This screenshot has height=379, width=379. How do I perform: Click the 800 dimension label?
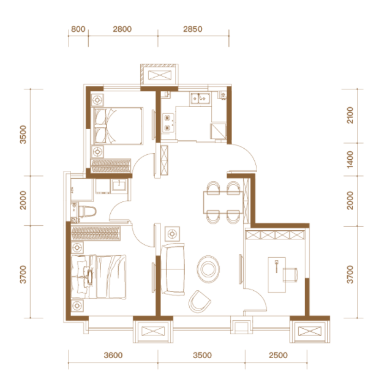click(x=78, y=29)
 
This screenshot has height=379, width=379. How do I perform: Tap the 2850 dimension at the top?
click(x=193, y=29)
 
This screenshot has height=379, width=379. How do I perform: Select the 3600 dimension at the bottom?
click(x=113, y=355)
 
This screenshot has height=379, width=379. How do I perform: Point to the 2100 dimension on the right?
click(x=350, y=115)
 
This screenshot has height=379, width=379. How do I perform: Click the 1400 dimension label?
click(x=350, y=160)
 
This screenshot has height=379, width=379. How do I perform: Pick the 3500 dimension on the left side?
click(x=23, y=135)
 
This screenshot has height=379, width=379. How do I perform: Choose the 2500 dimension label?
click(x=278, y=355)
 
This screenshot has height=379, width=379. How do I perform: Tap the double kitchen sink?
click(x=200, y=99)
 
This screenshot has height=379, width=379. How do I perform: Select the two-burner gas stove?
click(x=168, y=123)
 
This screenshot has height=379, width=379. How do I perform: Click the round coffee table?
click(x=208, y=269)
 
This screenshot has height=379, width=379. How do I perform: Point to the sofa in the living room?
click(x=173, y=269)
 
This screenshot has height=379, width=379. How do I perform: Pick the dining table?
click(x=223, y=202)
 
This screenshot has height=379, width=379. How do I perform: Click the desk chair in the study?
click(x=290, y=275)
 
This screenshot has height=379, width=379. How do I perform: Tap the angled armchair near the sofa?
click(x=199, y=302)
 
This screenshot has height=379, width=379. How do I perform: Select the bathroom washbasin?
click(x=119, y=185)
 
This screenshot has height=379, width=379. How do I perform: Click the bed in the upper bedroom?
click(x=118, y=126)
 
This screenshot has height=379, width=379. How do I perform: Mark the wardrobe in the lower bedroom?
click(x=96, y=233)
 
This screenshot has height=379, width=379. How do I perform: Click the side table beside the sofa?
click(x=172, y=234)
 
